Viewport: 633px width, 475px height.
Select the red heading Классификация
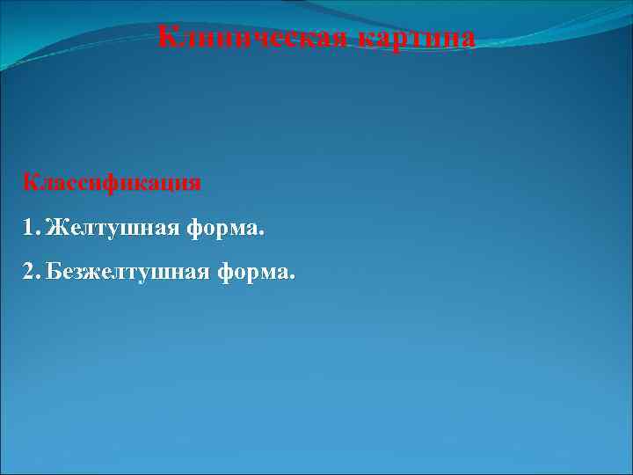pos(113,183)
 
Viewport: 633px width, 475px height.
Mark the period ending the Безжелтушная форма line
pos(293,279)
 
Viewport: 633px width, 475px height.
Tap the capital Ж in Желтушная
pos(55,229)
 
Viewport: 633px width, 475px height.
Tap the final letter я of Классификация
pos(194,184)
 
